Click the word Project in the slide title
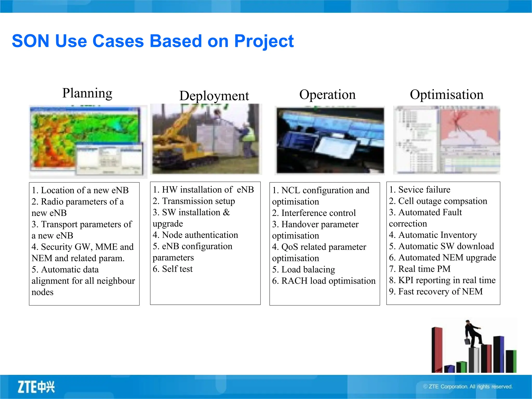point(264,42)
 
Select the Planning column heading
point(87,93)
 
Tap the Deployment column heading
point(214,96)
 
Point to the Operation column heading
point(327,95)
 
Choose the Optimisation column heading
point(447,95)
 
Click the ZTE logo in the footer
point(36,387)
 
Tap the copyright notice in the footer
point(468,387)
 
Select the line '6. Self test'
point(173,269)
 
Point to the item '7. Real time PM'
point(420,269)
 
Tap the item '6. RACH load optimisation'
point(324,281)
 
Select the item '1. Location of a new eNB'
point(80,190)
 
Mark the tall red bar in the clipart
point(437,349)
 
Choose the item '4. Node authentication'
point(195,235)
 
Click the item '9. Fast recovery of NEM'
point(436,291)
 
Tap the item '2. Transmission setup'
point(194,201)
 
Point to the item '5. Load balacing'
point(303,270)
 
